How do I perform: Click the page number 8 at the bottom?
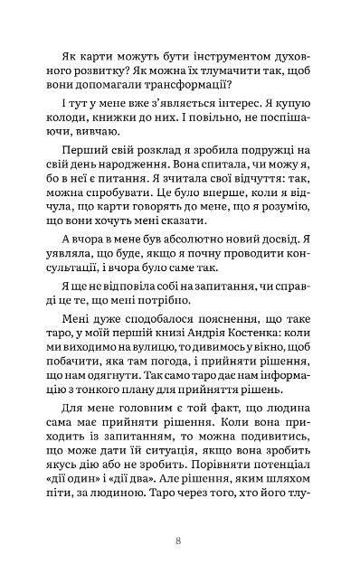coord(180,540)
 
